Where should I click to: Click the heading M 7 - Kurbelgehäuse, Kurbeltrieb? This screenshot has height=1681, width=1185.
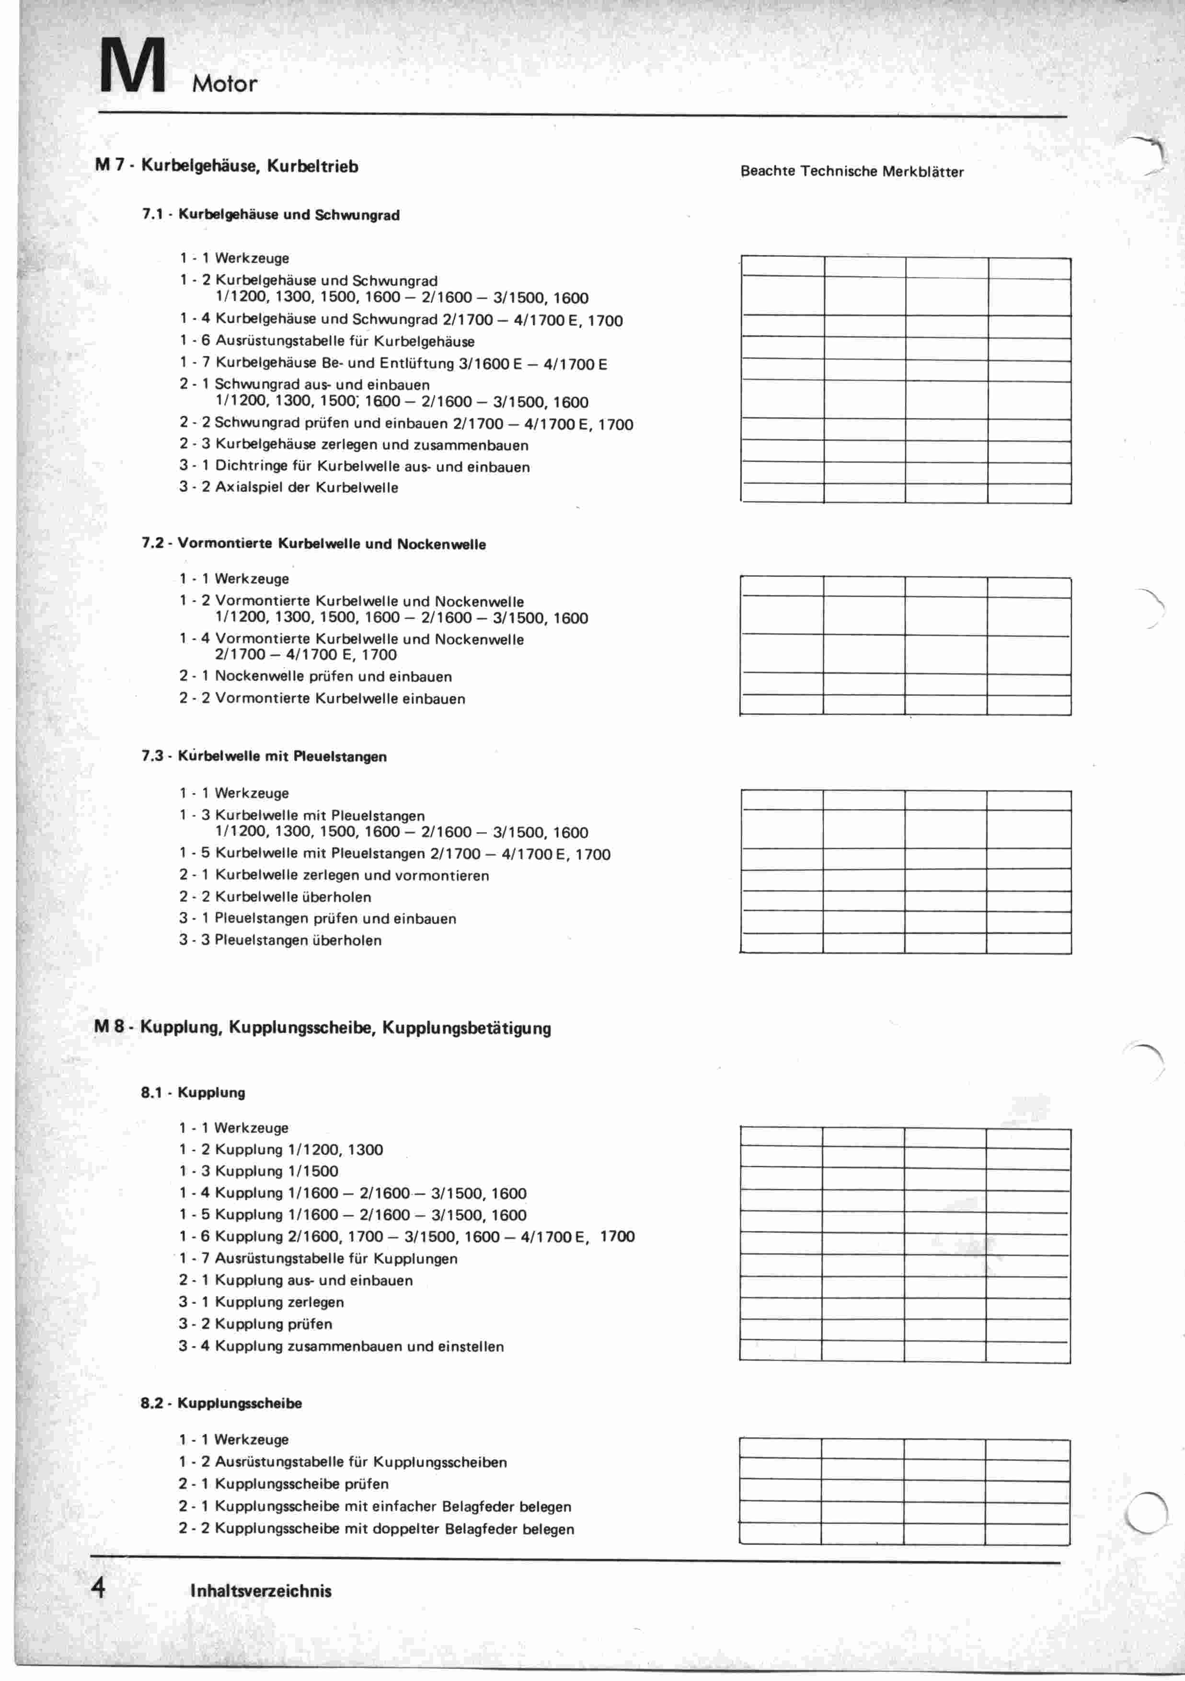[227, 166]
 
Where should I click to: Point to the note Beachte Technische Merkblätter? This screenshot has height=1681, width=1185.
[852, 171]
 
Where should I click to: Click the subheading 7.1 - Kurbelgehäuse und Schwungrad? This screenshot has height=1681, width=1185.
[271, 215]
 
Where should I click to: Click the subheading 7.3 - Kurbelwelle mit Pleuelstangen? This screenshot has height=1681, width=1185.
[264, 756]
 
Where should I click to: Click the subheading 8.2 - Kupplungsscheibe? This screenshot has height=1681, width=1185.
[221, 1403]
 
